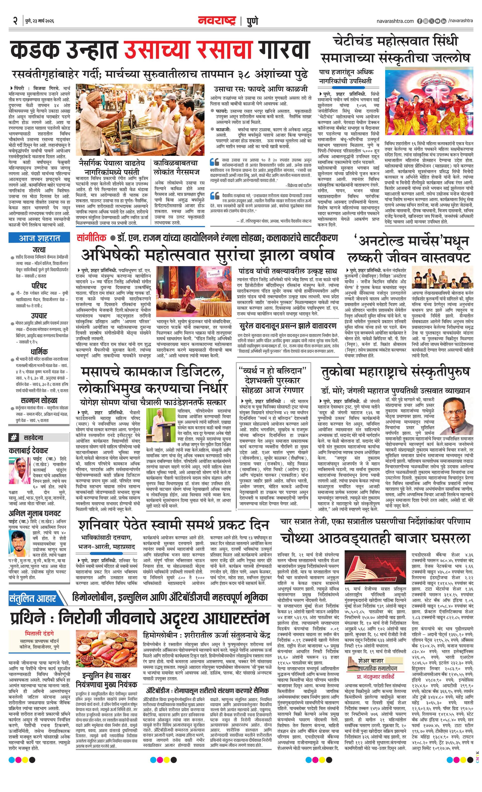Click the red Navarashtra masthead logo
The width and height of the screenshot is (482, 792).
point(217,21)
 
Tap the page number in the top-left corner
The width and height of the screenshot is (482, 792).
point(15,21)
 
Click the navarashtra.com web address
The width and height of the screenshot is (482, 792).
point(395,21)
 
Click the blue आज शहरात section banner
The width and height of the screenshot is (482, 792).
point(39,238)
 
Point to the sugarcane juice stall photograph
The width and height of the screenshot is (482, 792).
point(140,119)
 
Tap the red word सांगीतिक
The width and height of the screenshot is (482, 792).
point(91,238)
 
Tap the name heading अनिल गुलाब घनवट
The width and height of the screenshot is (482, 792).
point(35,513)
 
